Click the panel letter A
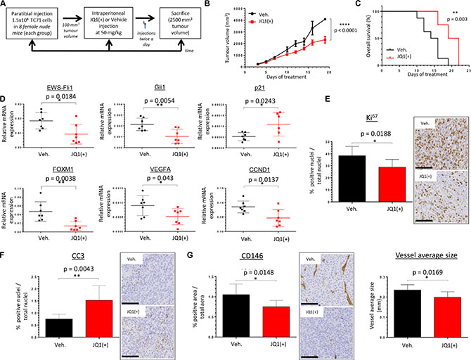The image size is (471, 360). (6, 5)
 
